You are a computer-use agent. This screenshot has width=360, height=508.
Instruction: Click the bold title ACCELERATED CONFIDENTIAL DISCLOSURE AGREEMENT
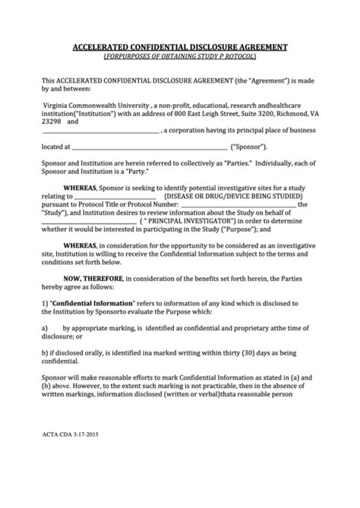179,46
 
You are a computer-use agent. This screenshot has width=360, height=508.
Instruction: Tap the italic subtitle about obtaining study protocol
179,57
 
